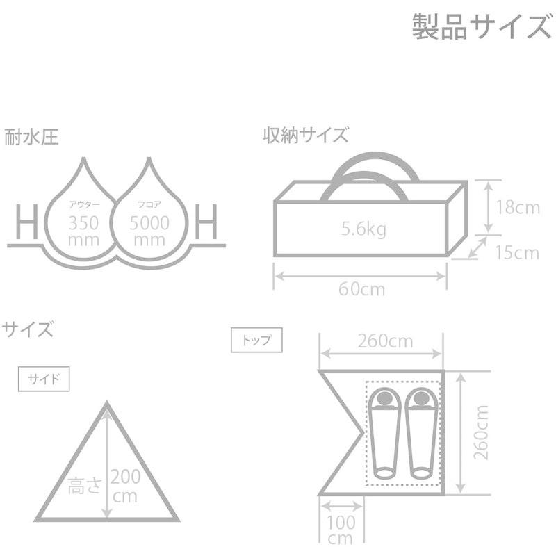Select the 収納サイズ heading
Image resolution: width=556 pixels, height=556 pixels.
point(305,135)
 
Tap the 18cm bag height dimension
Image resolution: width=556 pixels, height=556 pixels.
point(518,206)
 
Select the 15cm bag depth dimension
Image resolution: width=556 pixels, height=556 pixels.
point(518,252)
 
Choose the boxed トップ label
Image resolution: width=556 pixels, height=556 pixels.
point(256,341)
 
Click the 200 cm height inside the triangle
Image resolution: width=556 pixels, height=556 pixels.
point(125,486)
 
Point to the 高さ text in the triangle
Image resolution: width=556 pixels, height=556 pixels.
point(85,486)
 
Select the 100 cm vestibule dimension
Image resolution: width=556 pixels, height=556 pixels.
point(341,530)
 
